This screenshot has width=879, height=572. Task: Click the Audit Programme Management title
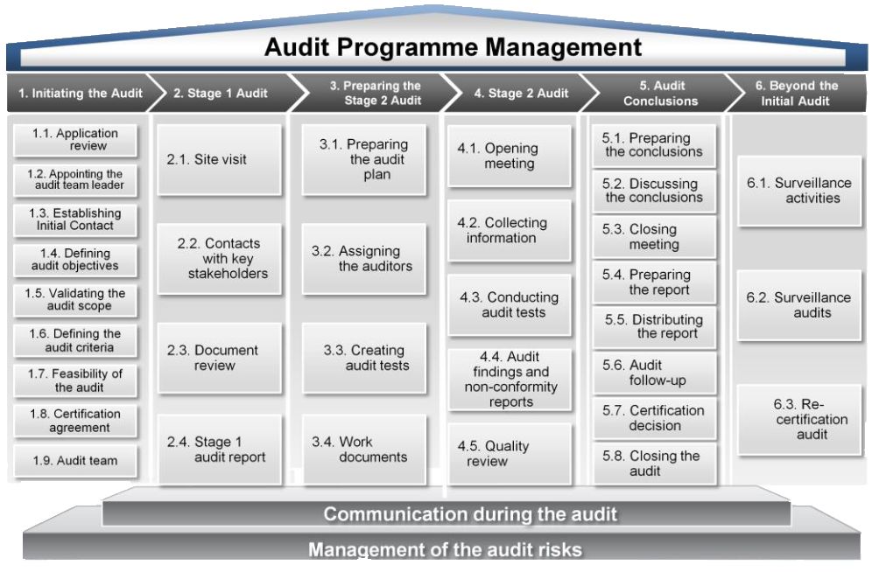(x=453, y=47)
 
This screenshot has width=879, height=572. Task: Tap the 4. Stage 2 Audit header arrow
(x=520, y=93)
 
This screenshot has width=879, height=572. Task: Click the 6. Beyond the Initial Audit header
(x=796, y=93)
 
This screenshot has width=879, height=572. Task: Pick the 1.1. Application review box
(x=75, y=139)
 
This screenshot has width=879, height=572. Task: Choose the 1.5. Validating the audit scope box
(x=75, y=300)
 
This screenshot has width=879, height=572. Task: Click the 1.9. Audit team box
(x=75, y=461)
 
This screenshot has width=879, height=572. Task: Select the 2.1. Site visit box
(x=219, y=160)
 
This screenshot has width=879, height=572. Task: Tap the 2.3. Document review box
(x=219, y=358)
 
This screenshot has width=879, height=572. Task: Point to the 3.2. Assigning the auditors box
(x=364, y=259)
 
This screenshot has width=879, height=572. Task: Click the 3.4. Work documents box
(x=364, y=450)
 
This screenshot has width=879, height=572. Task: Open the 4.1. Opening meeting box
(x=509, y=157)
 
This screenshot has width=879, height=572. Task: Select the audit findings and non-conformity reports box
(x=509, y=380)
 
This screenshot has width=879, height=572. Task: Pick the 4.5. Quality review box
(x=509, y=454)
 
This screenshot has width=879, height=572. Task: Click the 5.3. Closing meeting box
(x=654, y=237)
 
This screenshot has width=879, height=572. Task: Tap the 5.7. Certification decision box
(x=654, y=418)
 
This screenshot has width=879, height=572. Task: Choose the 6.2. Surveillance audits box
(x=798, y=305)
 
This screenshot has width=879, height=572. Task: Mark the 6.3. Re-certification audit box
(x=798, y=420)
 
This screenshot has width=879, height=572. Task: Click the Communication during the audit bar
(x=447, y=513)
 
